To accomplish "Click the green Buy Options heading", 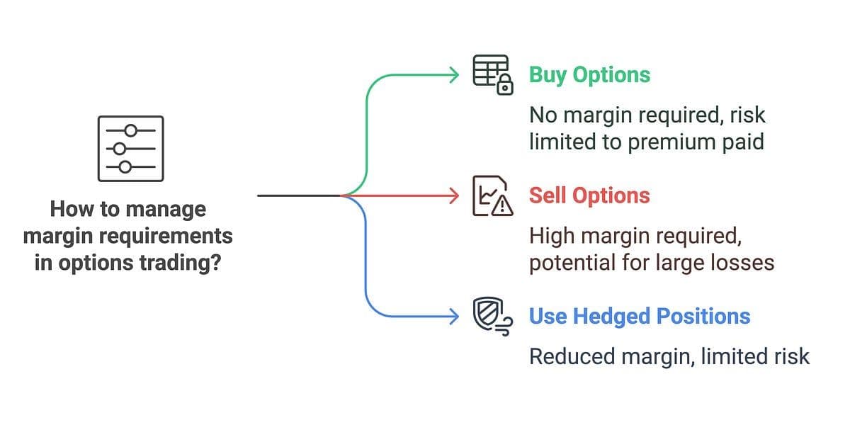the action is (x=589, y=75).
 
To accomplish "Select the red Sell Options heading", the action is (x=589, y=195).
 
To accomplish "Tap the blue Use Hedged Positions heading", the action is (x=640, y=317).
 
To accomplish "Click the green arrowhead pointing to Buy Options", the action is (x=454, y=75).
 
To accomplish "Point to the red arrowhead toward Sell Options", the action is (x=454, y=195).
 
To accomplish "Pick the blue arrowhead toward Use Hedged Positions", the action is (x=454, y=317).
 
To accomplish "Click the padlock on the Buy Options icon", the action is (x=504, y=85).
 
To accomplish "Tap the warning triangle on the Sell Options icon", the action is (x=502, y=206).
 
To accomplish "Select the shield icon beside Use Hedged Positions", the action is (x=488, y=313).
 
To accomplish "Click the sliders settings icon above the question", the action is (x=131, y=149).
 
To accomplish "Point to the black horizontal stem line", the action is (x=300, y=195).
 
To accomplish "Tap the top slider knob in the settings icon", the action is (x=131, y=130).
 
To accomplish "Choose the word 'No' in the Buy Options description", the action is (x=543, y=115).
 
